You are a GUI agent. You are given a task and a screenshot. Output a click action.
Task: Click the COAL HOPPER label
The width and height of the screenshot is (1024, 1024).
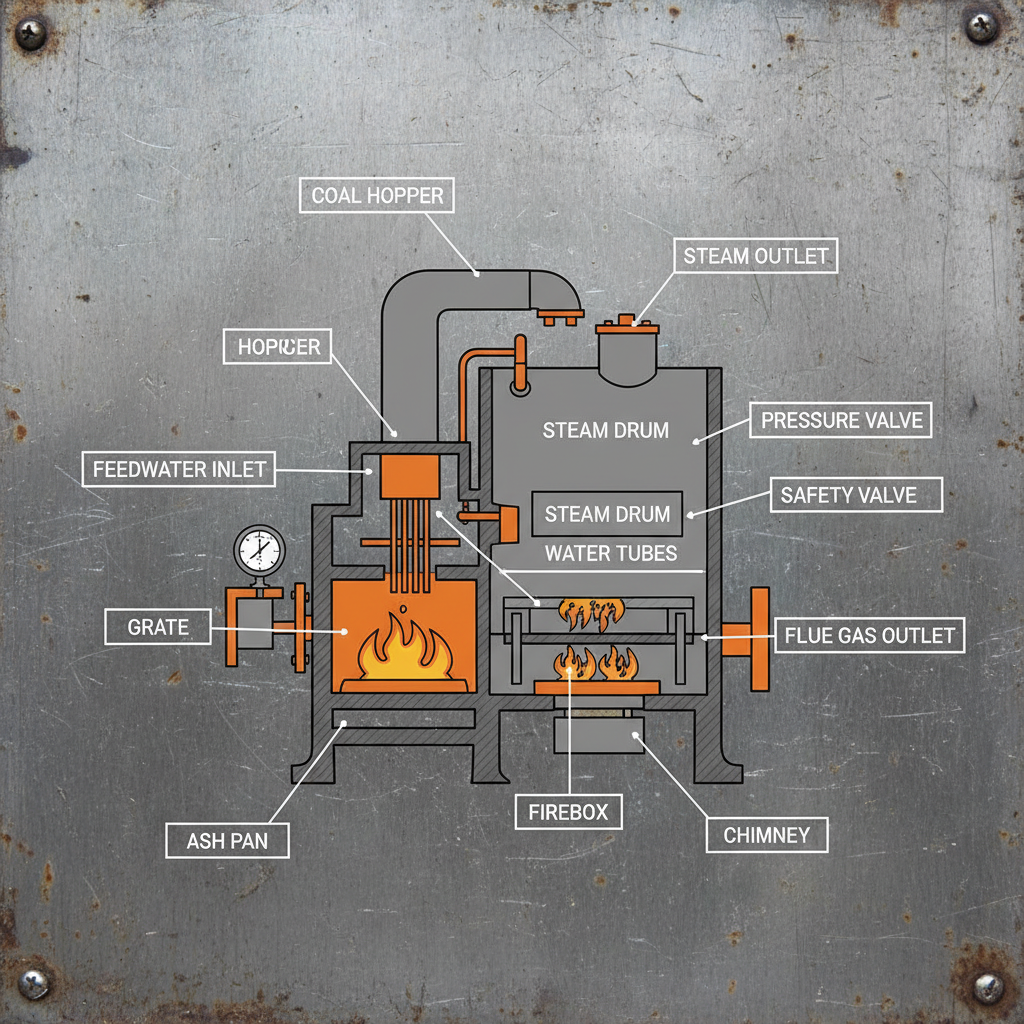(376, 194)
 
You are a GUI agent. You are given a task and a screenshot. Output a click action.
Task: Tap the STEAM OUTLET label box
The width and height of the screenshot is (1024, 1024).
(755, 256)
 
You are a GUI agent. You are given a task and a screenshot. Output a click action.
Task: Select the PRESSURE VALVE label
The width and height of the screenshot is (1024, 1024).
(841, 420)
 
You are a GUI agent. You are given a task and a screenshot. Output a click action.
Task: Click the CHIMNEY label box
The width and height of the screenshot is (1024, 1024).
(766, 834)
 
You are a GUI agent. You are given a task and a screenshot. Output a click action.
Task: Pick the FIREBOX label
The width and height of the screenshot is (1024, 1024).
(568, 811)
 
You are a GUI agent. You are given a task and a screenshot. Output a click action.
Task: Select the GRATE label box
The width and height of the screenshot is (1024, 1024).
(158, 627)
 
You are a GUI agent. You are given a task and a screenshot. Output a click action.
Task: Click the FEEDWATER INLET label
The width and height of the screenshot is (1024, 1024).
(179, 468)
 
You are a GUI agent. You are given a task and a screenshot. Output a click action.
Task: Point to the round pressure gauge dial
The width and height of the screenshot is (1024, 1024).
(259, 548)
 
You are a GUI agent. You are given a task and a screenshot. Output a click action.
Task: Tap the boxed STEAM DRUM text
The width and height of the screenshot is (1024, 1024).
(607, 514)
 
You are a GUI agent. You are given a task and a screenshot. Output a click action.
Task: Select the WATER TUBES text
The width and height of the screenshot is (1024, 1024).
(610, 553)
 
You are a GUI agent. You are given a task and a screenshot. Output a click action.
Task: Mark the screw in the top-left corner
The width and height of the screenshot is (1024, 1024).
(32, 36)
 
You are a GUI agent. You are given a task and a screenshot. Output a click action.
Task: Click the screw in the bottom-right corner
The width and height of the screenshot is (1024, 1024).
(988, 984)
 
